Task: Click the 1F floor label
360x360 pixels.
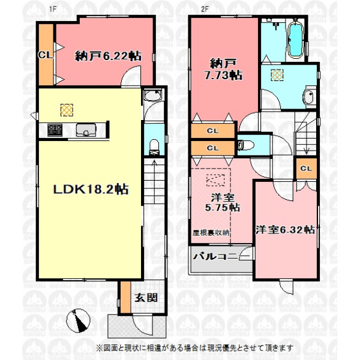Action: (53, 9)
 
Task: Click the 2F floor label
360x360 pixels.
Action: (205, 9)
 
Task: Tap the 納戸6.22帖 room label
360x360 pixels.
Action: (108, 56)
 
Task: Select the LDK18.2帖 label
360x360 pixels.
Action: (91, 190)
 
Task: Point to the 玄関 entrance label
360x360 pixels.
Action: (146, 298)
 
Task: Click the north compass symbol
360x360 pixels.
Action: (78, 320)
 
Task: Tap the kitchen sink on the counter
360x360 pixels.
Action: (86, 130)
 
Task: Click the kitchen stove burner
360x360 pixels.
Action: (55, 130)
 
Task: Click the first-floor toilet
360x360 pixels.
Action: (154, 146)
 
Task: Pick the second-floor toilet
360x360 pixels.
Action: (246, 145)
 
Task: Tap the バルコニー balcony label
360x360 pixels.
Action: (221, 256)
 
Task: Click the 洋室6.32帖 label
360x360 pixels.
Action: (285, 230)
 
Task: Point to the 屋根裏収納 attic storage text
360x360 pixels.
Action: (211, 233)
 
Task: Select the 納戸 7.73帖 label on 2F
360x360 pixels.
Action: (223, 70)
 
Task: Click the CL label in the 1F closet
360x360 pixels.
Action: (46, 55)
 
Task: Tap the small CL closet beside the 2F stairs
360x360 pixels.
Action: (306, 168)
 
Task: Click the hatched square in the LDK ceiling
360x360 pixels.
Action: (67, 110)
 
